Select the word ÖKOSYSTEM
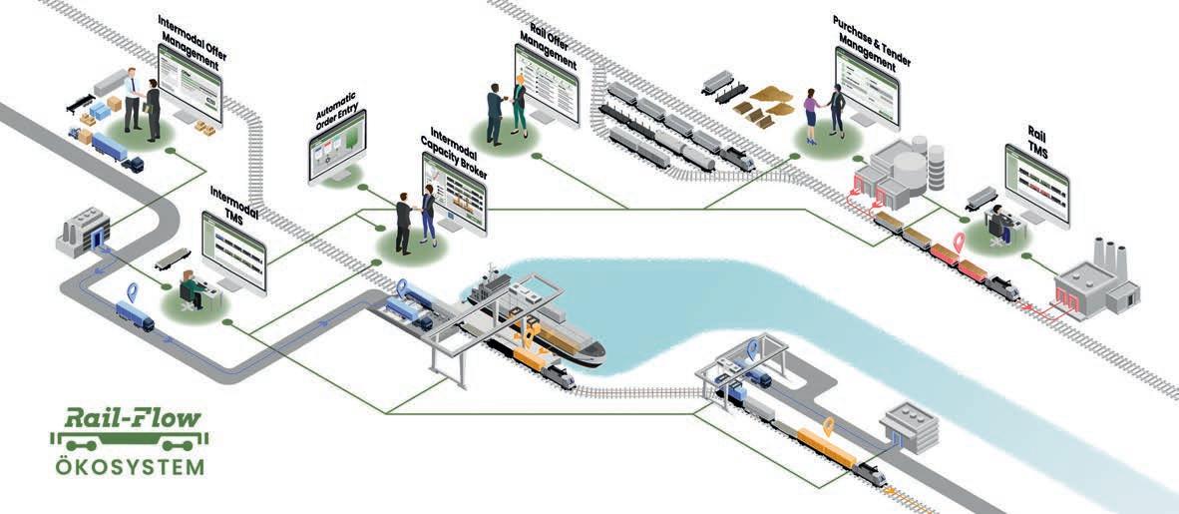point(131,466)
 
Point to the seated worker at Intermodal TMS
point(189,290)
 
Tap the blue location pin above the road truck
point(131,293)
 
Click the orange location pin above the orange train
point(828,428)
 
